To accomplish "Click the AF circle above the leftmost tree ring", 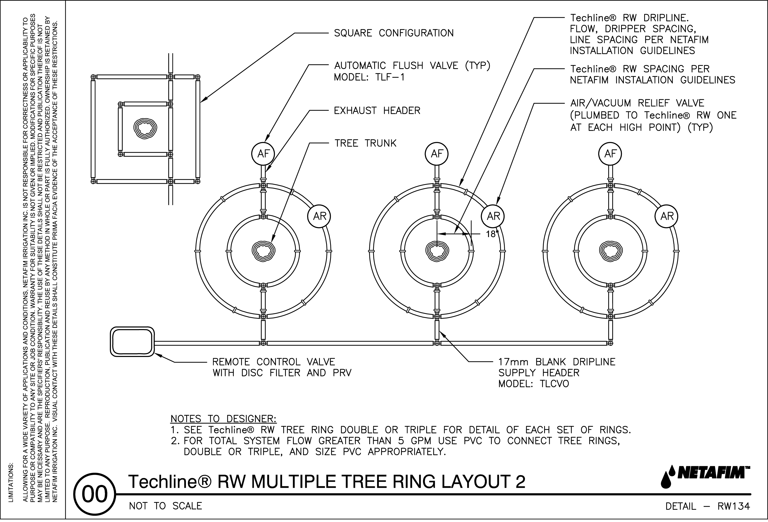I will click(263, 154).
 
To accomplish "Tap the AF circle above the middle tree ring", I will click(437, 154).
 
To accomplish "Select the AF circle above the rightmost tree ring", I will click(610, 154).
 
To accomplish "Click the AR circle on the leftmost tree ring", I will click(320, 216).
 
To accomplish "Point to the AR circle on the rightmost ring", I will click(667, 216).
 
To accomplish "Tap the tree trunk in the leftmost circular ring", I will click(263, 251).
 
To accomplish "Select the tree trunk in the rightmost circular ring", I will click(611, 251).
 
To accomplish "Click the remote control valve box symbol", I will click(132, 342).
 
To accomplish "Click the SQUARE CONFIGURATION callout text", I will click(394, 33).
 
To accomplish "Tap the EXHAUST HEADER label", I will click(377, 110).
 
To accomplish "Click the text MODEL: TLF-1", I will click(369, 77).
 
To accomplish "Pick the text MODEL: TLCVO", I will click(534, 384).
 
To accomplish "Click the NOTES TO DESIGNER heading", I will click(223, 419).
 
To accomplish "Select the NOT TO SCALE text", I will click(165, 506).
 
